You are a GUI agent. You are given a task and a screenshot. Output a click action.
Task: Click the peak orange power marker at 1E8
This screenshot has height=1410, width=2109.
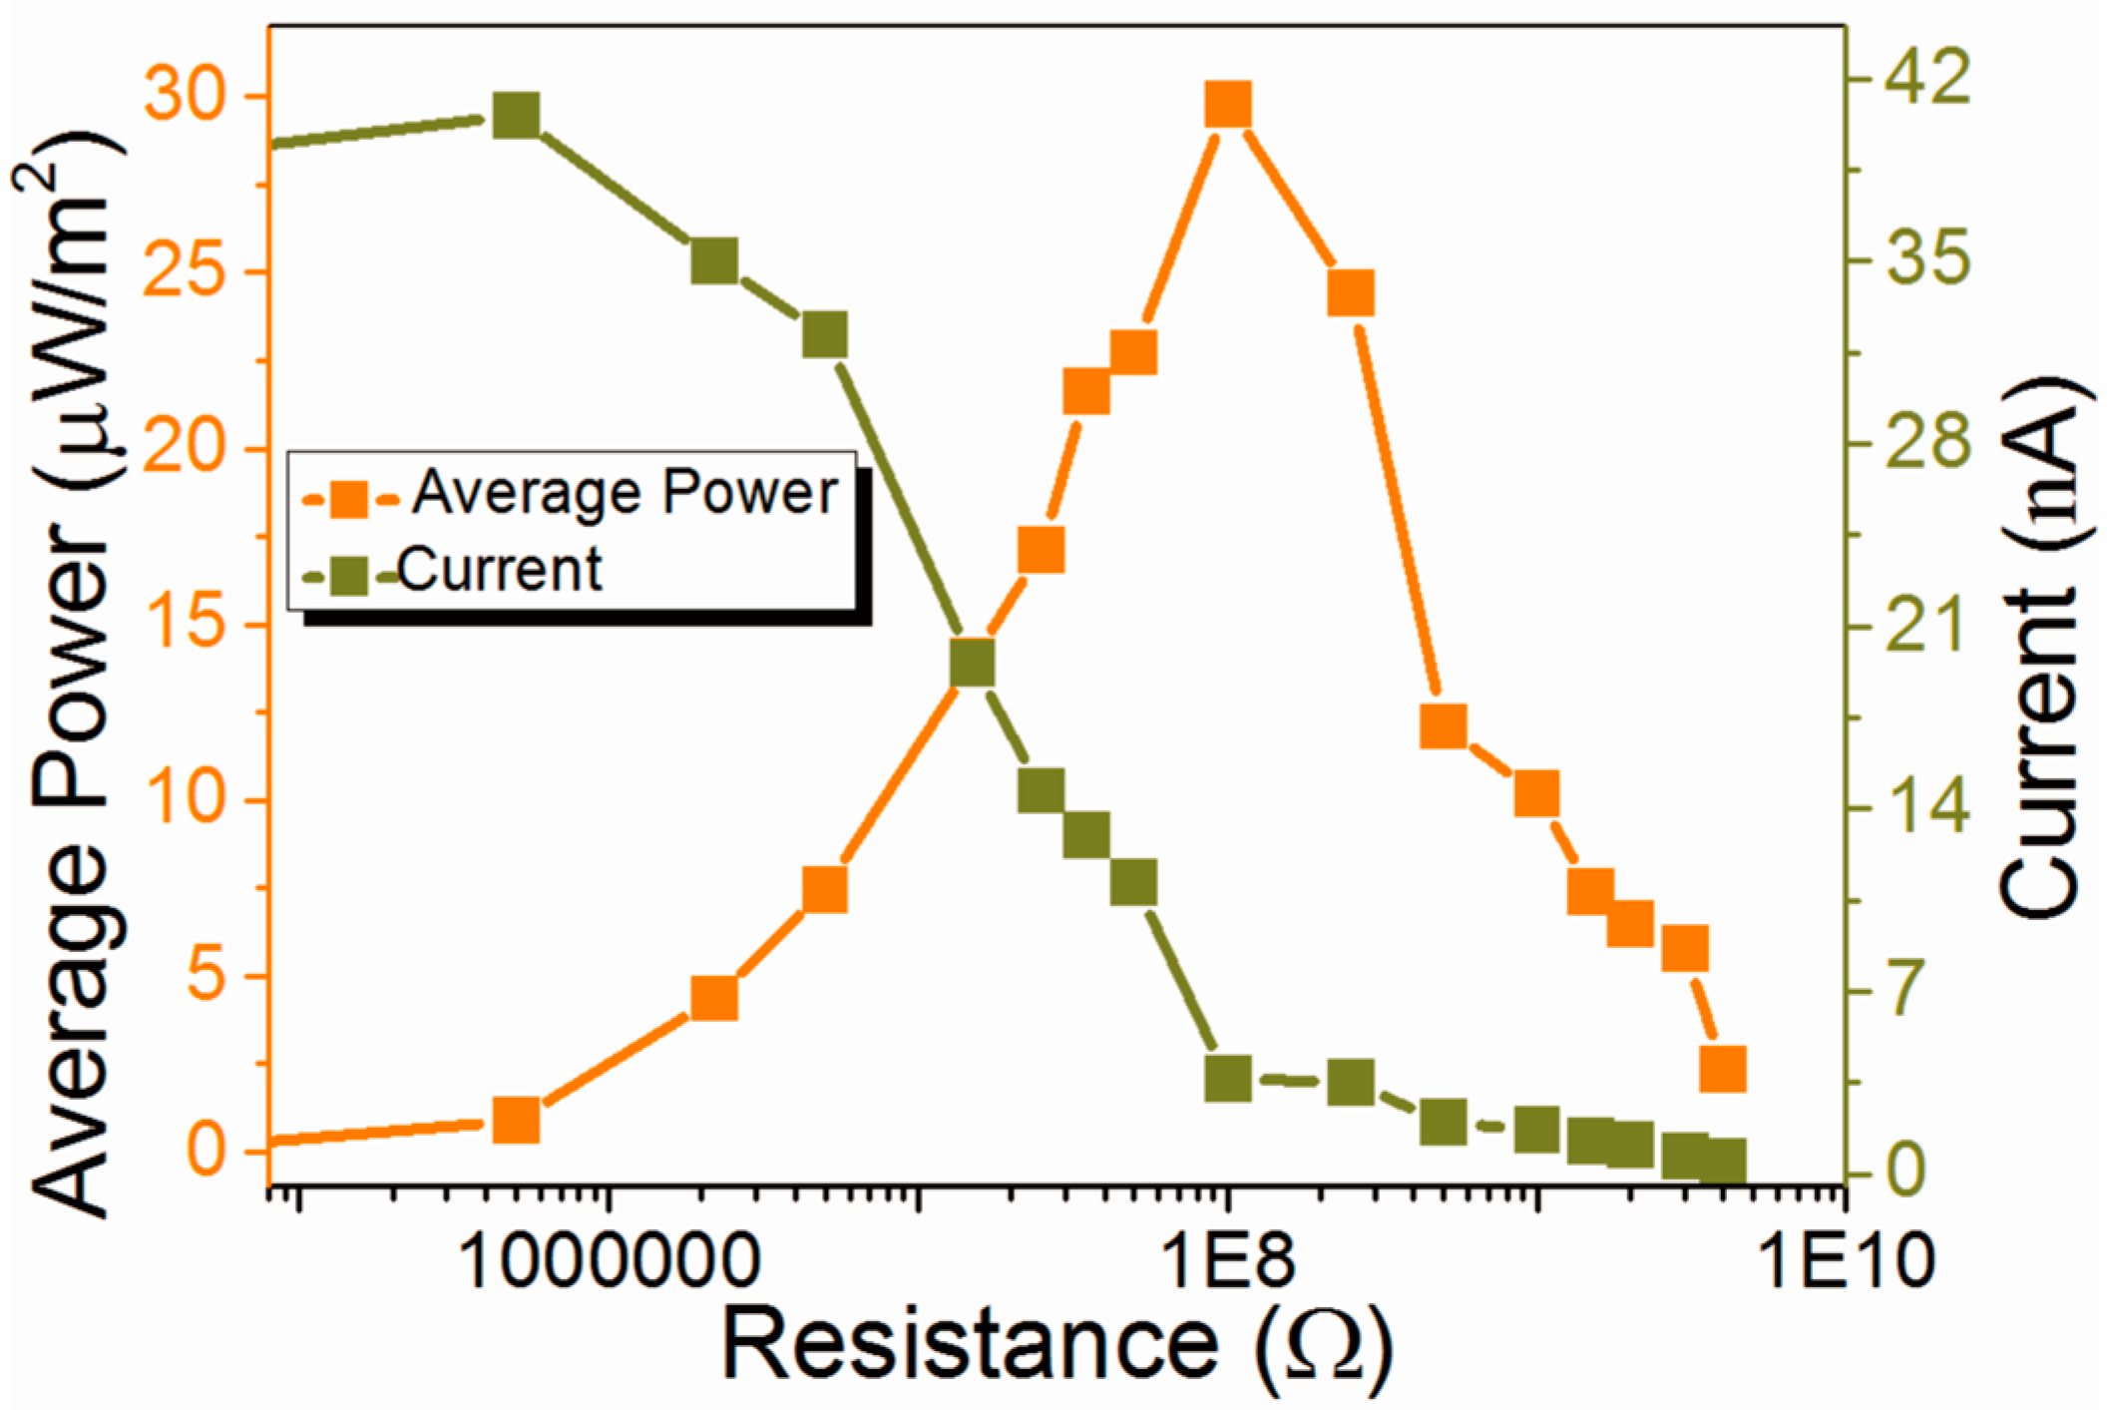[x=1228, y=105]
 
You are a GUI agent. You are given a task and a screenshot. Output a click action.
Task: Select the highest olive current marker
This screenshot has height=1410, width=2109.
[x=517, y=116]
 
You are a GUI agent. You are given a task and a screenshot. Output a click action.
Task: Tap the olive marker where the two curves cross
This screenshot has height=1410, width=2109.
[x=973, y=664]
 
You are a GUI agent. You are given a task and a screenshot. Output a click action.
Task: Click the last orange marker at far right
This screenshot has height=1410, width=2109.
[x=1723, y=1069]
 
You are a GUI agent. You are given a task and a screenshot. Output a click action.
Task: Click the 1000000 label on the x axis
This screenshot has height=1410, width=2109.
[x=610, y=1260]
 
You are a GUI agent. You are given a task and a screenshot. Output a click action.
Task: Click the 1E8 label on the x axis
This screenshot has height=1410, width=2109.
[x=1229, y=1260]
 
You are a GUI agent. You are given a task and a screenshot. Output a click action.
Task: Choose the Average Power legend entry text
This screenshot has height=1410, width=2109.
[x=626, y=493]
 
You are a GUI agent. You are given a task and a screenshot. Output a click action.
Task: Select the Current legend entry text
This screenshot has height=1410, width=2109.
[x=500, y=570]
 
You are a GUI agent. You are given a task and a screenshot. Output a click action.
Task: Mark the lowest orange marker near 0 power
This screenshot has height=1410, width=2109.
[x=517, y=1121]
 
